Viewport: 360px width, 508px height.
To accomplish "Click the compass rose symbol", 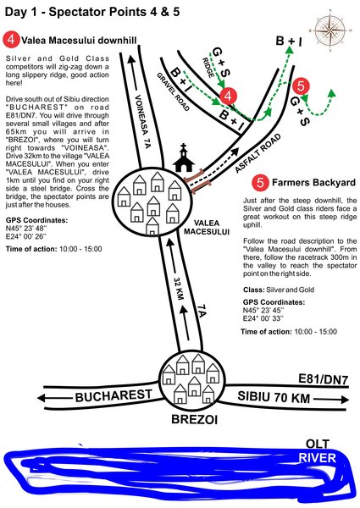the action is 330,30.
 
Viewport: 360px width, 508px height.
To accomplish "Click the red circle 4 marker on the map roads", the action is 228,96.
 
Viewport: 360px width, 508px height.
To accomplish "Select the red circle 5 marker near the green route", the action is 301,86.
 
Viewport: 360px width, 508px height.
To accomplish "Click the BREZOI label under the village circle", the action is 194,420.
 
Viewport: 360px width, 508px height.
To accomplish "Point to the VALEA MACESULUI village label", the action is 207,227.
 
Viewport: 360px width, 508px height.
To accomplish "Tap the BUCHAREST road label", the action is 114,395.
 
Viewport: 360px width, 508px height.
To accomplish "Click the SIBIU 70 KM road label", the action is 274,397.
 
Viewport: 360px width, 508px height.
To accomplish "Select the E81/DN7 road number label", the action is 323,379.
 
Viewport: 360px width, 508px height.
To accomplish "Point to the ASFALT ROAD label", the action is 258,153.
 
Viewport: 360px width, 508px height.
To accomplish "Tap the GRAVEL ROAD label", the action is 173,91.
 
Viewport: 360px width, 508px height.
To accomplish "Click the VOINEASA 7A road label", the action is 142,121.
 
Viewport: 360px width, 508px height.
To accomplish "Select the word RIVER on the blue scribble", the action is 317,458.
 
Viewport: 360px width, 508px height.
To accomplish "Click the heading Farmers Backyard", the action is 313,182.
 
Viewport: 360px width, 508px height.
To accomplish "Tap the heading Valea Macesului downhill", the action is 79,40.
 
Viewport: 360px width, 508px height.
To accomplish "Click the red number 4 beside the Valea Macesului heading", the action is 11,40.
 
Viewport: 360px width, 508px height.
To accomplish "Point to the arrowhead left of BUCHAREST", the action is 42,398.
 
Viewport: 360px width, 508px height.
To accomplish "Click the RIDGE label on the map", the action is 208,68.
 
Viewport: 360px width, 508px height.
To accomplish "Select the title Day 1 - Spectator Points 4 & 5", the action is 92,12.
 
